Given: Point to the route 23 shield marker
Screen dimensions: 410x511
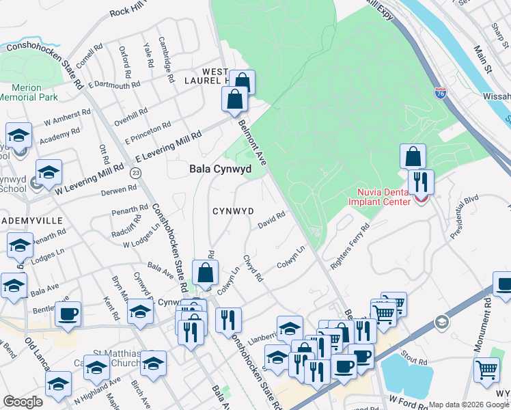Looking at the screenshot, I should tap(136, 174).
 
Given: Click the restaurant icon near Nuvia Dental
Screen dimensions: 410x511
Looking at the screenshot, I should tap(421, 182).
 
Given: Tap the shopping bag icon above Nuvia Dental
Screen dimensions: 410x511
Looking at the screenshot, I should tap(413, 156).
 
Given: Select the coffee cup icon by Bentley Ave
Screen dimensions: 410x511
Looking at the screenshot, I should tap(68, 314).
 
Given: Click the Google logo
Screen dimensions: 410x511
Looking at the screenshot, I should tap(23, 401).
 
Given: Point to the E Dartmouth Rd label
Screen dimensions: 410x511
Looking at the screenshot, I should tap(116, 86).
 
